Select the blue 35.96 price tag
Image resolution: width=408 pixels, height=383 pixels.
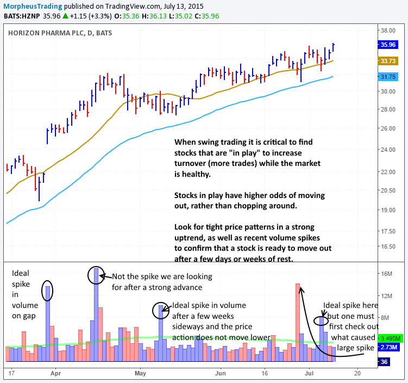pyautogui.click(x=388, y=46)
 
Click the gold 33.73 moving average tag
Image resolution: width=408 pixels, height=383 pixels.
pyautogui.click(x=388, y=61)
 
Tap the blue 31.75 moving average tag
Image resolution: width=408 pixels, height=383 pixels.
pyautogui.click(x=388, y=77)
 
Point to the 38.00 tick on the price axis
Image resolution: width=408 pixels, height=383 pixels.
pyautogui.click(x=388, y=31)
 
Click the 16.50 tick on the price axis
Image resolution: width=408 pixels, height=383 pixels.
pyautogui.click(x=388, y=246)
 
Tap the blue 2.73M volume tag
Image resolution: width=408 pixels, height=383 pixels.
pyautogui.click(x=390, y=347)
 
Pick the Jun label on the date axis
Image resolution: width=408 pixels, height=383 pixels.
pyautogui.click(x=220, y=373)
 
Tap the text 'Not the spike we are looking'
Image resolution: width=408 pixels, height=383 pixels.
pyautogui.click(x=162, y=276)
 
